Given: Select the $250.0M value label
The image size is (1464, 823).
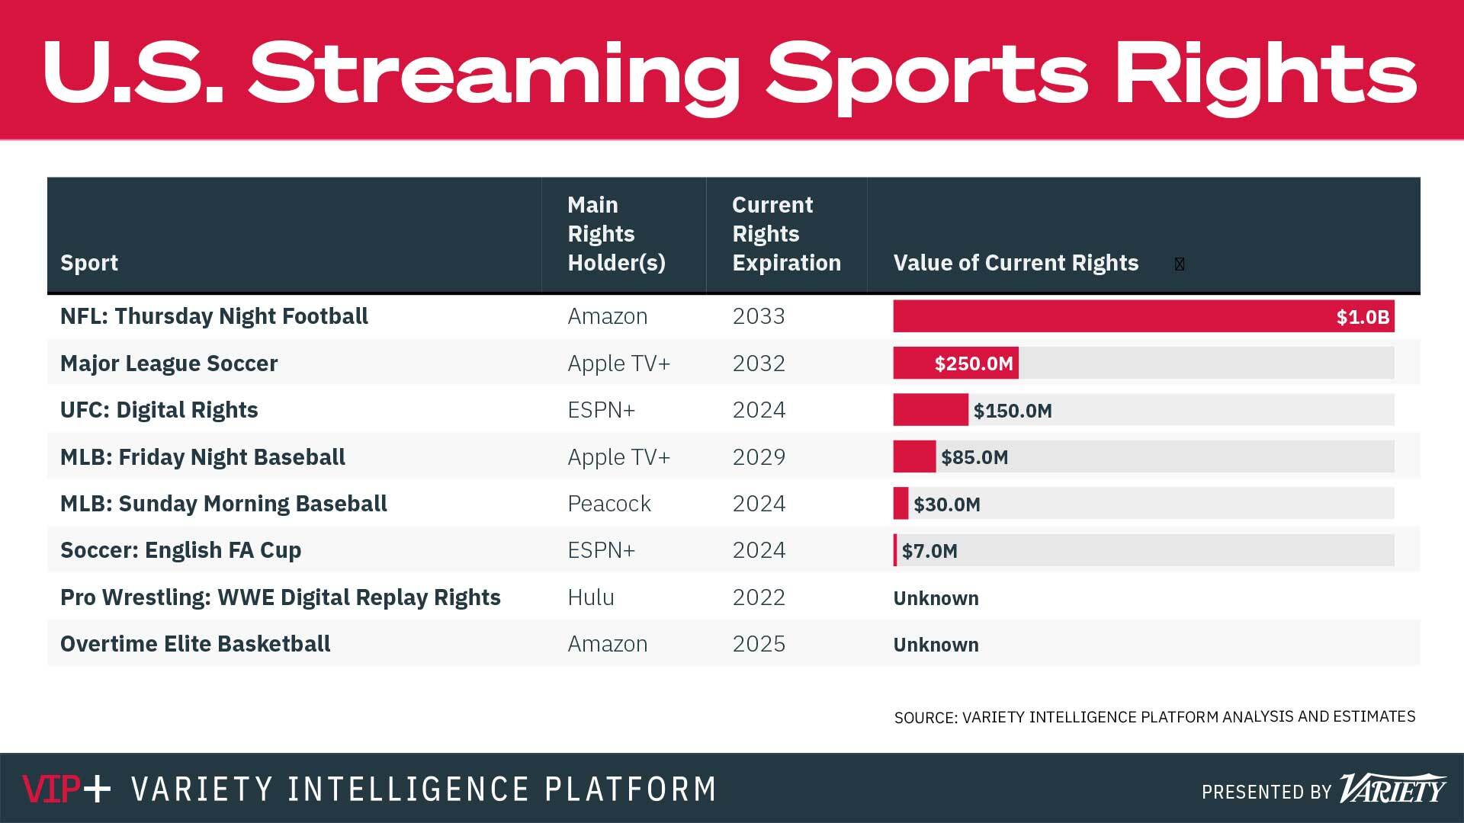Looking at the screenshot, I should coord(974,363).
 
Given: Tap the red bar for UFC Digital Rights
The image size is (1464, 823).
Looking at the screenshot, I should coord(930,410).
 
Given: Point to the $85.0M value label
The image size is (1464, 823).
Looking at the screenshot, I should coord(974,457).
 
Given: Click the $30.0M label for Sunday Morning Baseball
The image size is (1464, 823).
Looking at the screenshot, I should coord(947,504).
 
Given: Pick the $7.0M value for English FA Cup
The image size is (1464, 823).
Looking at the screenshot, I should coord(929,551).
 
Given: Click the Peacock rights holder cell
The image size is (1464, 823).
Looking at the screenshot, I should coord(609,504).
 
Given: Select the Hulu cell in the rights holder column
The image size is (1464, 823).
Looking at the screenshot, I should coord(591,597).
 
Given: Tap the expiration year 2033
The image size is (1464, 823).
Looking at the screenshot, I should coord(759,316).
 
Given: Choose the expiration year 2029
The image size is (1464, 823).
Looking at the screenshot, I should coord(759,457).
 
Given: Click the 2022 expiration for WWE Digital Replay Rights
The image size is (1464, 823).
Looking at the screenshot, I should coord(759,597).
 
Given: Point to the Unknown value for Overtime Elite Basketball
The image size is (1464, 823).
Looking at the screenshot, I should coord(936,645).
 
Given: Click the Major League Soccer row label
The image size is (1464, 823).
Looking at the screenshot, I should coord(169,363).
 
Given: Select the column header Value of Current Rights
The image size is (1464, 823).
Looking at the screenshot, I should coord(1016,263).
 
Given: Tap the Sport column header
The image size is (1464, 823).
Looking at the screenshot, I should coord(89,263).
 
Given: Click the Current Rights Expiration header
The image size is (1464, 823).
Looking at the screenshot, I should coord(785,234).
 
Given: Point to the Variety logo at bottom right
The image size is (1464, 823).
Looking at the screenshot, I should coord(1392,789).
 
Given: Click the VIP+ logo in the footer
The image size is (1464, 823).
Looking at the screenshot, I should coord(66,789).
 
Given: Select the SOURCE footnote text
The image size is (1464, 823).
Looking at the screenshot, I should coord(1154,717).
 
